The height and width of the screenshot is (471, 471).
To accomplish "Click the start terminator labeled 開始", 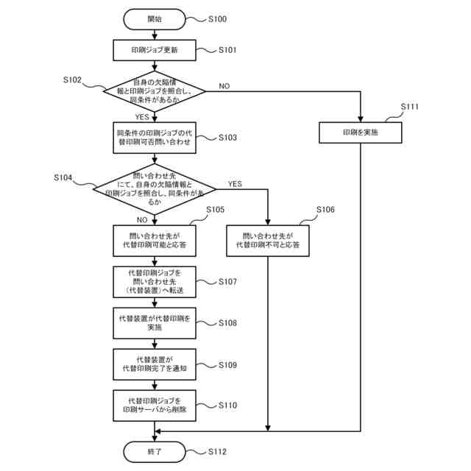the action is pos(155,19).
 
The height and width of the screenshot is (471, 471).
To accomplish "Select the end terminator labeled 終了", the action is pos(155,451).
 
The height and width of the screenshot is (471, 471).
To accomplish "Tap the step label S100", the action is pos(218,19).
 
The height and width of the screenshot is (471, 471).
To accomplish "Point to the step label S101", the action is pos(227,50).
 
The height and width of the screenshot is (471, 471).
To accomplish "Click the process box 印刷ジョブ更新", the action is pos(155,50).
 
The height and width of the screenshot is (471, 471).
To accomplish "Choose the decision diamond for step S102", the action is pos(155,91).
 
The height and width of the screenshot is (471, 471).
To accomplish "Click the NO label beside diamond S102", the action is pos(224,86).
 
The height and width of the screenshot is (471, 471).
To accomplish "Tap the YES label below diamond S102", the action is pos(142,117).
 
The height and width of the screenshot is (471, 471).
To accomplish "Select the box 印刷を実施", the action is pos(360,132).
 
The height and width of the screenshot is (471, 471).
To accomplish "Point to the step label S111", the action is pos(409,107).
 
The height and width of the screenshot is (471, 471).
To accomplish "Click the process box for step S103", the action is pos(155,138).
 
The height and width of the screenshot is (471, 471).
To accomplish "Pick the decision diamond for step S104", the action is pos(155,189).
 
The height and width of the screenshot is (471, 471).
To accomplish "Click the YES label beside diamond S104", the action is pos(235,184).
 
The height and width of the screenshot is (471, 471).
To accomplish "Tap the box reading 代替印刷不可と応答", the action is pos(268,241).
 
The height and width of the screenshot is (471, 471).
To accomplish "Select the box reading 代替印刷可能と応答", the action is pos(155,241).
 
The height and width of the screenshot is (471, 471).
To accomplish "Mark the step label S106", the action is pos(325,210).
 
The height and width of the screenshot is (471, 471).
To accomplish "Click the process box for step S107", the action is pos(155,282).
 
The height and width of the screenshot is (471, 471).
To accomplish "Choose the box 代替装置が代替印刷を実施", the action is pos(155,323).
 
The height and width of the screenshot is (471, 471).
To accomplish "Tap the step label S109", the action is pos(227,365).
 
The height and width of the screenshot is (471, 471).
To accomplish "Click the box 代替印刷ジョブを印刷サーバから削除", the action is pos(155,406).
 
